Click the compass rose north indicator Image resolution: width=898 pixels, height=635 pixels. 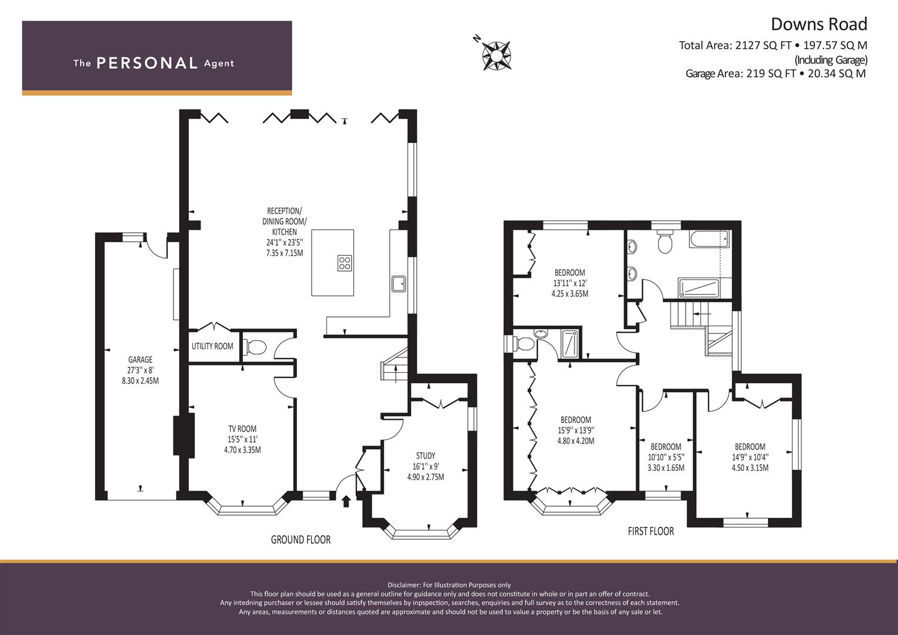click(x=477, y=38)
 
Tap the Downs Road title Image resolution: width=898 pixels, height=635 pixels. click(x=819, y=24)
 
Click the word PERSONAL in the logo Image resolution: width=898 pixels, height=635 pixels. click(x=147, y=63)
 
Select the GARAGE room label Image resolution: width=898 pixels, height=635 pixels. click(x=141, y=360)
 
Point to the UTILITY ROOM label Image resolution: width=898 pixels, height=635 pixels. click(x=212, y=346)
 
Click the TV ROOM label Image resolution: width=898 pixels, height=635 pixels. click(x=242, y=429)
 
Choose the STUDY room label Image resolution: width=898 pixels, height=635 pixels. click(x=425, y=456)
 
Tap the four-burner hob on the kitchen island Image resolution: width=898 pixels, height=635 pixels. click(x=345, y=263)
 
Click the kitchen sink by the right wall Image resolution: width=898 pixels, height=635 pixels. click(x=399, y=283)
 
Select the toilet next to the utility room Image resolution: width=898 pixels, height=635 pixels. click(x=255, y=347)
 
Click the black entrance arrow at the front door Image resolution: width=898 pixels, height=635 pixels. click(x=346, y=501)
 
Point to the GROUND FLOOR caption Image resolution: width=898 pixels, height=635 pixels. click(x=301, y=540)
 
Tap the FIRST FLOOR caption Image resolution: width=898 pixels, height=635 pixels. click(x=650, y=531)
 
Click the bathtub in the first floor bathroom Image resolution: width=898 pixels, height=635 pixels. click(x=710, y=239)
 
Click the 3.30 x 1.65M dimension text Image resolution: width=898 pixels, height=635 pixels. click(x=666, y=467)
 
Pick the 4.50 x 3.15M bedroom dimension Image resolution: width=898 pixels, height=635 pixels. click(x=750, y=467)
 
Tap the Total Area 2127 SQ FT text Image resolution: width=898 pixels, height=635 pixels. click(x=735, y=45)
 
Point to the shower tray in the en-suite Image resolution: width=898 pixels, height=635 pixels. click(x=570, y=343)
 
